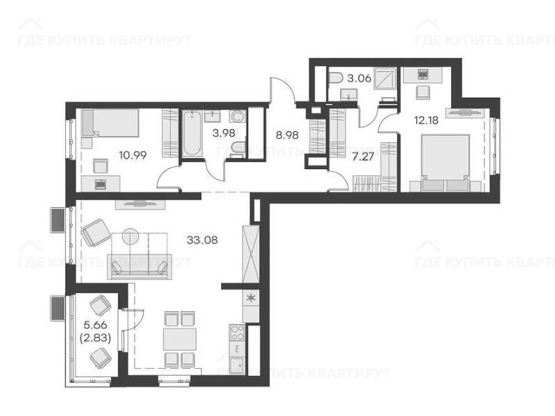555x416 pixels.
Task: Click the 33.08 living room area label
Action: coord(202,240)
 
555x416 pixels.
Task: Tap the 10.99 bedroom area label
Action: coord(133,155)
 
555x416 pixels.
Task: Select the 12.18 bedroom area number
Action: coord(427,120)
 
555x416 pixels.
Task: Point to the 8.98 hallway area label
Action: coord(287,135)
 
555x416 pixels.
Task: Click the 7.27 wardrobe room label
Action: coord(363,156)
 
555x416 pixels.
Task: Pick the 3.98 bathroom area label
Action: coord(224,133)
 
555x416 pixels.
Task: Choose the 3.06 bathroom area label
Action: coord(359,78)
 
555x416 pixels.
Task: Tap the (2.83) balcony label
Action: coord(95,338)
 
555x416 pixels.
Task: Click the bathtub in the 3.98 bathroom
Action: coord(193,133)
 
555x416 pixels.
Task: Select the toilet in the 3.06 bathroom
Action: coord(336,78)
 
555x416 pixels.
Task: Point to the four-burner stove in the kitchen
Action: coord(237,333)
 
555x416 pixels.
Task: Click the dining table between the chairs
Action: coord(180,339)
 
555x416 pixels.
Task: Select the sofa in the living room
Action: coord(140,266)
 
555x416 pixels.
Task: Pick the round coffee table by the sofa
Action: coord(131,237)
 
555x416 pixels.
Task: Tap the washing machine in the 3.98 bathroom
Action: coord(238,116)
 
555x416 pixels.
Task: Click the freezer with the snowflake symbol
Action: coord(251,298)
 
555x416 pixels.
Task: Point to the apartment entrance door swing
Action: coord(284,90)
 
